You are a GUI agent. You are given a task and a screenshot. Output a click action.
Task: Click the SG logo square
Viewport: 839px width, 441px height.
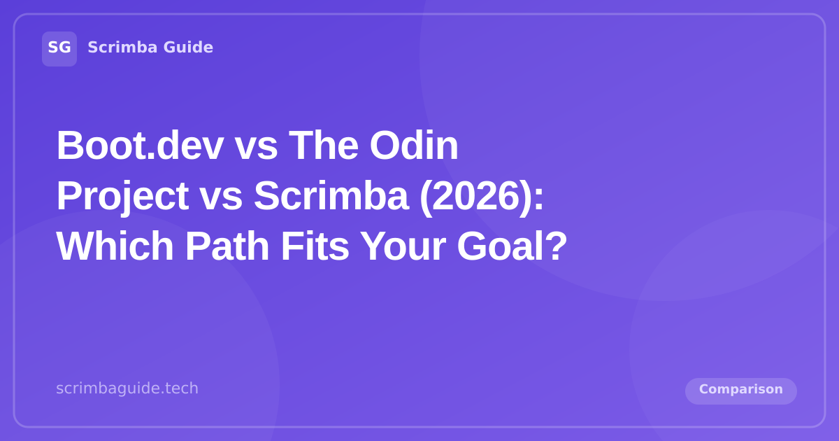click(59, 48)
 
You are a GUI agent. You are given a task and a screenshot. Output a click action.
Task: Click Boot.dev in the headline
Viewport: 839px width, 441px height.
click(140, 146)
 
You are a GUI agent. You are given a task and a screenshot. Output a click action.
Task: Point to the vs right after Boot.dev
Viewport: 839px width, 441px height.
click(256, 146)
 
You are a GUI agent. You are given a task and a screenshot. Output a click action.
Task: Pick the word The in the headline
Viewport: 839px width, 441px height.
click(324, 146)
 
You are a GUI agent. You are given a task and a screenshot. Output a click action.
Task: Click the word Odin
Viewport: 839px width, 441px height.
click(414, 146)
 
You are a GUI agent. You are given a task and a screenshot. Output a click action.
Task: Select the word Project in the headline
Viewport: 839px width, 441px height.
click(122, 197)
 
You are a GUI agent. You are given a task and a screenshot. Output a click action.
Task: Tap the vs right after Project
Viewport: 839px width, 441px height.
click(221, 197)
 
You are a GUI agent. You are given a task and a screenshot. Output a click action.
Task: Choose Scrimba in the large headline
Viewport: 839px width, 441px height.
click(331, 197)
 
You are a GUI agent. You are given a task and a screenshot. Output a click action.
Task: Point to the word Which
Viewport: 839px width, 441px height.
click(115, 247)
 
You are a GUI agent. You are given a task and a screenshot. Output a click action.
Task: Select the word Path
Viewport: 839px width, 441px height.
click(227, 247)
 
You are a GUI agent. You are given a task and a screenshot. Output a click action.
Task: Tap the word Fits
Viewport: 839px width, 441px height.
click(315, 247)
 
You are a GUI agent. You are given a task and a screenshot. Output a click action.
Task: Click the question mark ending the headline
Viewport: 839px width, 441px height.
click(556, 247)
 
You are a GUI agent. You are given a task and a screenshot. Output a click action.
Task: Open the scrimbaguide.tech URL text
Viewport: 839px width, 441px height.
click(127, 388)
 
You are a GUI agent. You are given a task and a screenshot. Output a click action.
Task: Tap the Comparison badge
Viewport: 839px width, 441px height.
click(741, 390)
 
